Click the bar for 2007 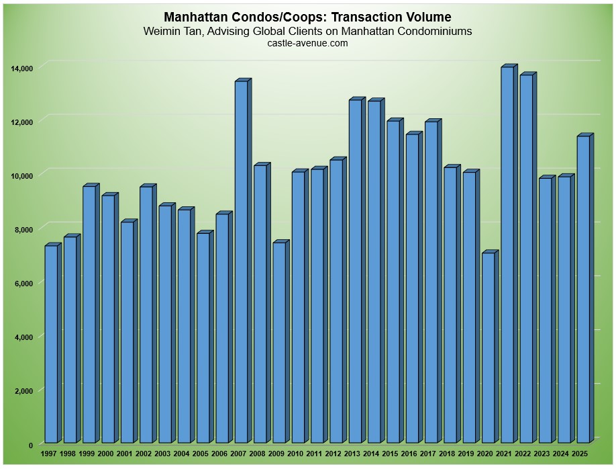point(241,263)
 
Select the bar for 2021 point(507,256)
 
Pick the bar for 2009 point(279,343)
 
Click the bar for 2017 point(431,283)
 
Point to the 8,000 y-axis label point(24,229)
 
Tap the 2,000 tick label point(24,390)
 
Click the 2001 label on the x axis point(124,455)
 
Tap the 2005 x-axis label point(201,455)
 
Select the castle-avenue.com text point(307,43)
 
